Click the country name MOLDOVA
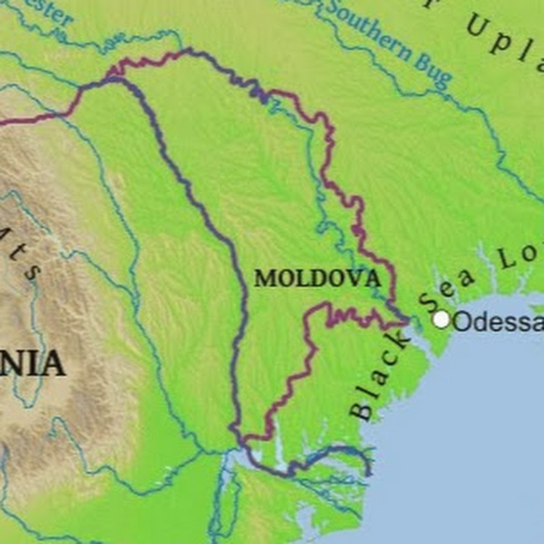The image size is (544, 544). [x=317, y=279]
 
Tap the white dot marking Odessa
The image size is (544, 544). [x=442, y=319]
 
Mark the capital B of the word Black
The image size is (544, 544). [x=363, y=411]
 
